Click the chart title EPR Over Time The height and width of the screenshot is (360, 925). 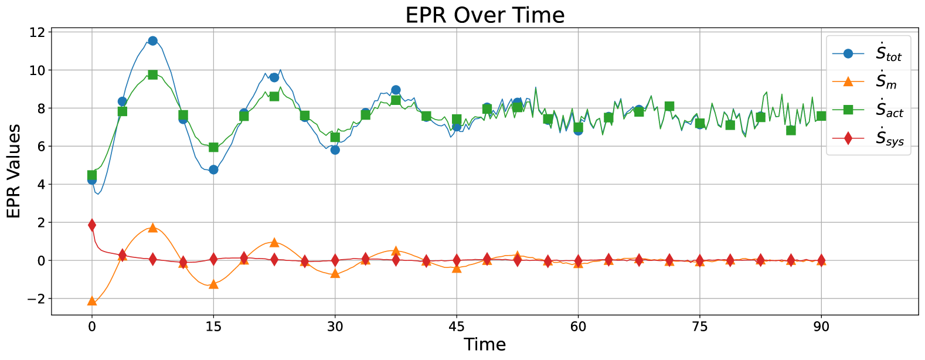tap(485, 15)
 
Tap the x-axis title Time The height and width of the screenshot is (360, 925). tap(485, 344)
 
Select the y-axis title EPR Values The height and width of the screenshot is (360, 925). tap(13, 171)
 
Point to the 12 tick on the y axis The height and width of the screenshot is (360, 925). tap(36, 32)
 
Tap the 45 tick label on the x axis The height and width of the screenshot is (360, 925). tap(457, 327)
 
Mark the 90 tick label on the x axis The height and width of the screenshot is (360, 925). tap(821, 327)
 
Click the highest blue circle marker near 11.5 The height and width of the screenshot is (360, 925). tap(152, 41)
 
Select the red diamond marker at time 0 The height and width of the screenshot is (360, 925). tap(92, 225)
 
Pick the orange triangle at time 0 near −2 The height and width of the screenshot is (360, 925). tap(92, 301)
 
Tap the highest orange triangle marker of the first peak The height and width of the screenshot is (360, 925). tap(152, 227)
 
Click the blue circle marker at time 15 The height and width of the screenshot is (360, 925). tap(213, 169)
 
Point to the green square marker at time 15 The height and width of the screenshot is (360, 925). tap(213, 147)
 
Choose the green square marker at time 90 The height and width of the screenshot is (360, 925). tap(821, 116)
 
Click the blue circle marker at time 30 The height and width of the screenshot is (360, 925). tap(335, 150)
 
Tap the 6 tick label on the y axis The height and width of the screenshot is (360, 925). tap(39, 147)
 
